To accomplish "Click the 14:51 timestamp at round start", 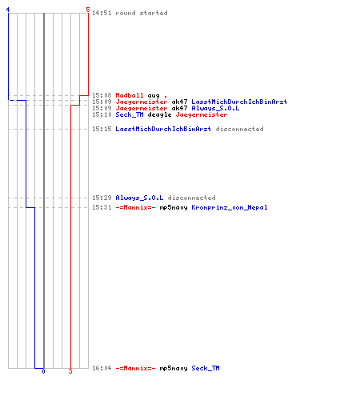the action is (x=102, y=13).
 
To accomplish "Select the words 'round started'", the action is (x=142, y=13).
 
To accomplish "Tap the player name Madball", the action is (x=130, y=95).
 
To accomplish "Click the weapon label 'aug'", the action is (x=154, y=96).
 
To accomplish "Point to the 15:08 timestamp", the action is (x=102, y=95).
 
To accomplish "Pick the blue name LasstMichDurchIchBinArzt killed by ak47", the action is (x=239, y=102).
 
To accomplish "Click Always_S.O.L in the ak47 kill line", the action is (x=215, y=108).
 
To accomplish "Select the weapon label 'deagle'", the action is (x=159, y=114).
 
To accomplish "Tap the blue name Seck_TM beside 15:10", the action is (x=130, y=114).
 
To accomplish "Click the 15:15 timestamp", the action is (x=102, y=129).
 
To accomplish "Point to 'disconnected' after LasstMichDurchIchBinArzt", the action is (x=239, y=129).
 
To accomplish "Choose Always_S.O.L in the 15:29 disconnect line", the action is (x=139, y=198).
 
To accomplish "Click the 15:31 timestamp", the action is (x=102, y=207).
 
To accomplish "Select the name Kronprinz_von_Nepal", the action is (x=230, y=207).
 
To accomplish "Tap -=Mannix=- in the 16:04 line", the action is (x=135, y=368).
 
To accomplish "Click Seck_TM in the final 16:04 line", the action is (x=206, y=368).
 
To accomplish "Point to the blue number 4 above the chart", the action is (x=8, y=10).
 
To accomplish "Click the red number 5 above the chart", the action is (x=88, y=10).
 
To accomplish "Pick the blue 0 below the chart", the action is (x=43, y=371).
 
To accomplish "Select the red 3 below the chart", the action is (x=70, y=371).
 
